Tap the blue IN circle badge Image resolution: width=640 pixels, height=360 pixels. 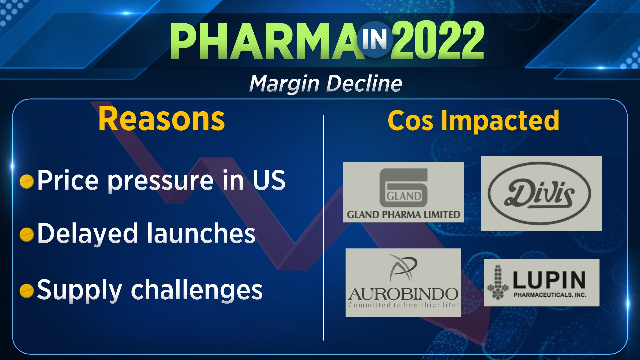point(375,39)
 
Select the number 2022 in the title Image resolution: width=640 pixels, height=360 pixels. point(438,40)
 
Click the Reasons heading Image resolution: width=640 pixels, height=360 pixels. point(162,119)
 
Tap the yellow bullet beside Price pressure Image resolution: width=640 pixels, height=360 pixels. point(27,182)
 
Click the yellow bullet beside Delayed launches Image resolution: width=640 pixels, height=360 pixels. point(27,234)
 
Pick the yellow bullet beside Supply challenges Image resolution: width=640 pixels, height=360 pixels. point(27,290)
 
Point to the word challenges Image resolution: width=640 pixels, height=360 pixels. point(197,290)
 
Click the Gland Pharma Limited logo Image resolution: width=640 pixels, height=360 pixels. point(403,192)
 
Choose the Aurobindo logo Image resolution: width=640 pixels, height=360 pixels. point(403,282)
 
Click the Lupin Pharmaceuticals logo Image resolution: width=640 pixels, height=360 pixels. point(541,283)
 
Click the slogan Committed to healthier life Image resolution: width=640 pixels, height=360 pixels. point(403,305)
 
